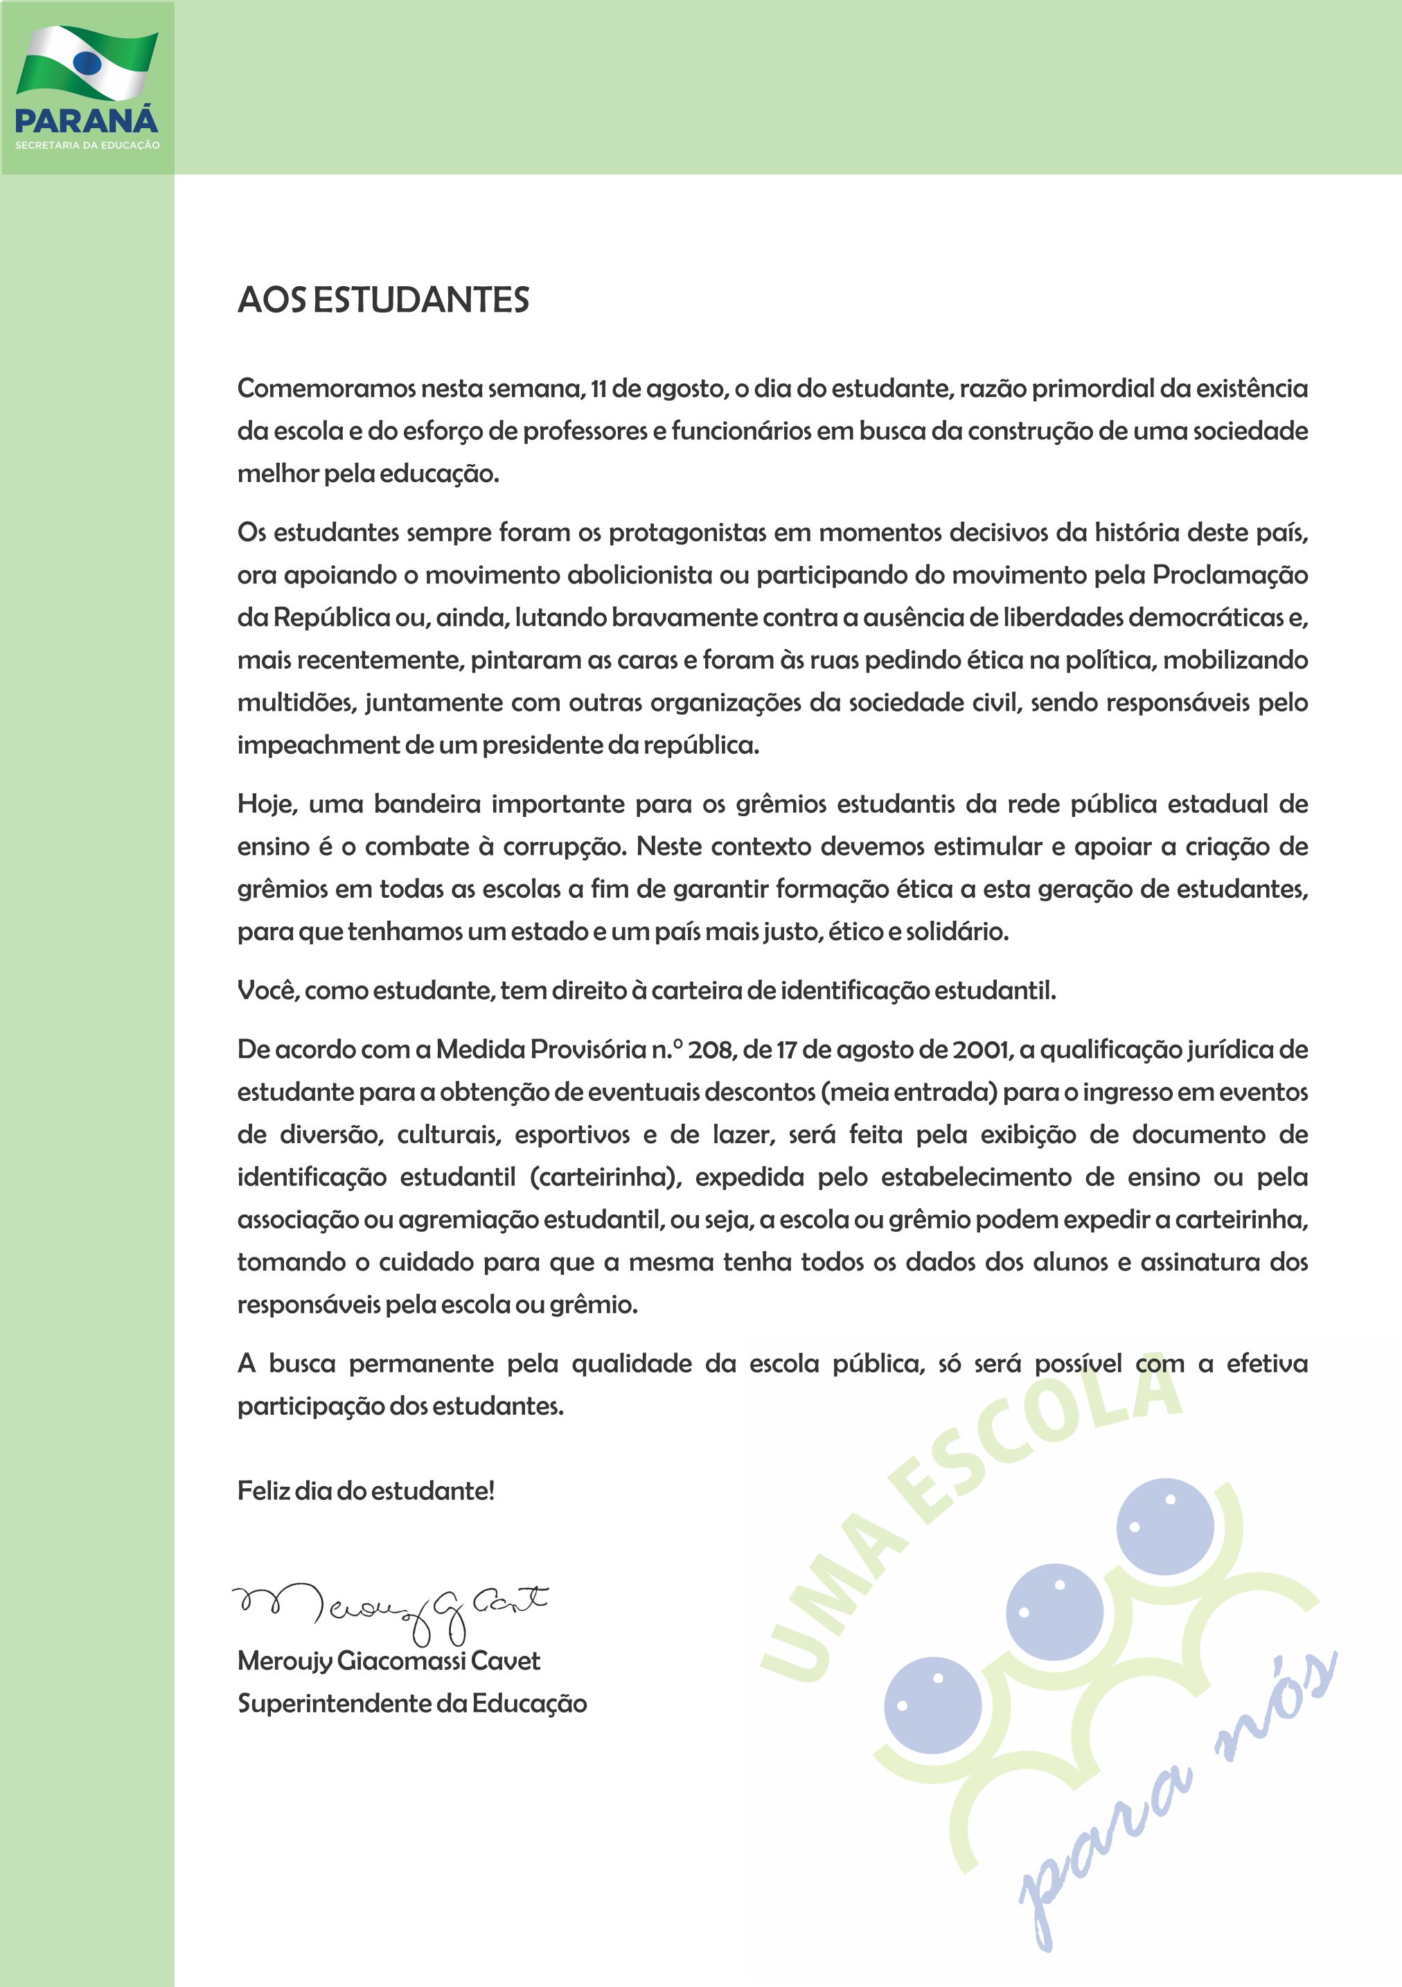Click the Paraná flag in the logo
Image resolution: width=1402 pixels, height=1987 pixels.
coord(87,62)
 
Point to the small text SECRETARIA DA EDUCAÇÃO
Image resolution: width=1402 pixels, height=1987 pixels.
coord(87,145)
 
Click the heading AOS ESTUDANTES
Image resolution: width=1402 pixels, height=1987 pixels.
coord(383,300)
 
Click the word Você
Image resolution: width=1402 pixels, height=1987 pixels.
coord(267,990)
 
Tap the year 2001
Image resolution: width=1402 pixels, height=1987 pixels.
coord(981,1050)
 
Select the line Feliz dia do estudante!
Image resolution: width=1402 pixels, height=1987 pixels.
coord(366,1490)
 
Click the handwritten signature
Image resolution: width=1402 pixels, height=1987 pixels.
coord(389,1611)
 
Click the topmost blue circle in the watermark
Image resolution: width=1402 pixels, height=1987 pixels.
coord(1165,1525)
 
